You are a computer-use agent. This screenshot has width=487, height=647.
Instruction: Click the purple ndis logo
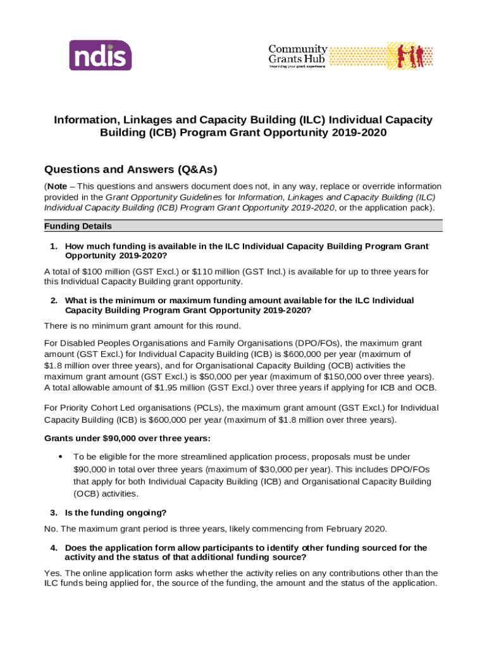pos(100,55)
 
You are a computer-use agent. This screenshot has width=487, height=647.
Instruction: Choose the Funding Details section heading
pos(78,226)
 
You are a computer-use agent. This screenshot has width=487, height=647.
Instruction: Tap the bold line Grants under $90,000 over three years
pos(127,438)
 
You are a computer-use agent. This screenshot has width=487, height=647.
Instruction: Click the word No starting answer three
pos(50,529)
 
